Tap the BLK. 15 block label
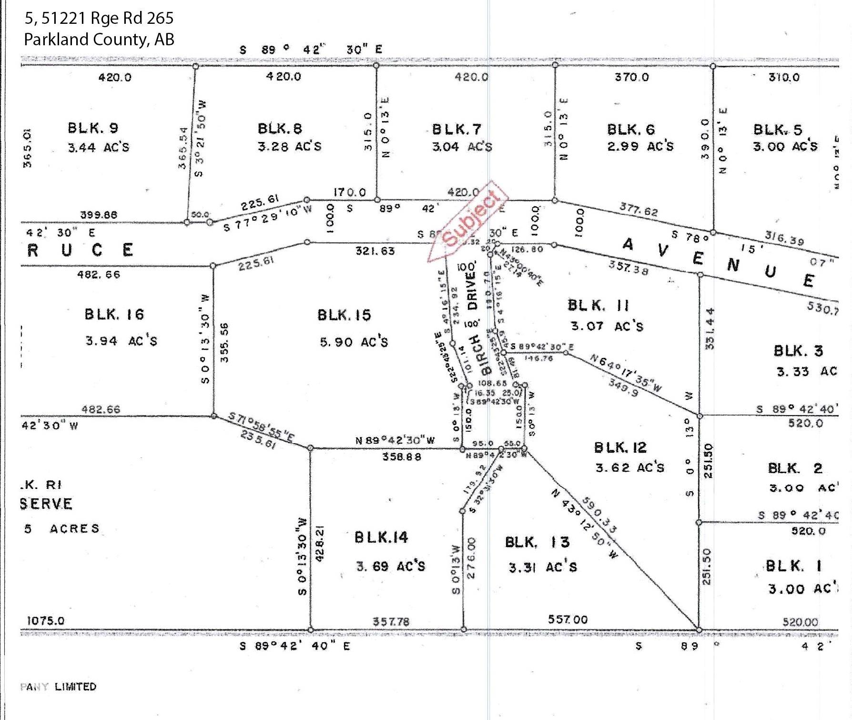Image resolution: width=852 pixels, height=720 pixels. click(344, 315)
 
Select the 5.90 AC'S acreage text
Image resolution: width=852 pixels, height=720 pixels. click(354, 342)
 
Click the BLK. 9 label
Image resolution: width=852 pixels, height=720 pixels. click(93, 128)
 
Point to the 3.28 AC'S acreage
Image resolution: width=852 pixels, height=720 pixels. click(290, 146)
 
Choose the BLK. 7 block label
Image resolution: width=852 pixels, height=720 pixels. click(456, 129)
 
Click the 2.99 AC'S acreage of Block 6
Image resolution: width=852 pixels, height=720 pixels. click(640, 146)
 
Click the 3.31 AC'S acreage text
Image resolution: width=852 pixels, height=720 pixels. click(543, 567)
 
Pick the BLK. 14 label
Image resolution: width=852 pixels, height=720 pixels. click(381, 537)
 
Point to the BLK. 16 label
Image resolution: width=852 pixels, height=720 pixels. click(114, 314)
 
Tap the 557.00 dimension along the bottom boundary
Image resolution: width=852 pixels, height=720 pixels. click(567, 619)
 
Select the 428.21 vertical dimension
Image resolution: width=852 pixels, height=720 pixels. click(320, 543)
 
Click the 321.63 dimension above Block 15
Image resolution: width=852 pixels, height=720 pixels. click(375, 251)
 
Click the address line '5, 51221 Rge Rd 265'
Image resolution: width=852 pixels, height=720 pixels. click(99, 18)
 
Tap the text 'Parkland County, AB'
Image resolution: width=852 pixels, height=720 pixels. click(99, 39)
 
